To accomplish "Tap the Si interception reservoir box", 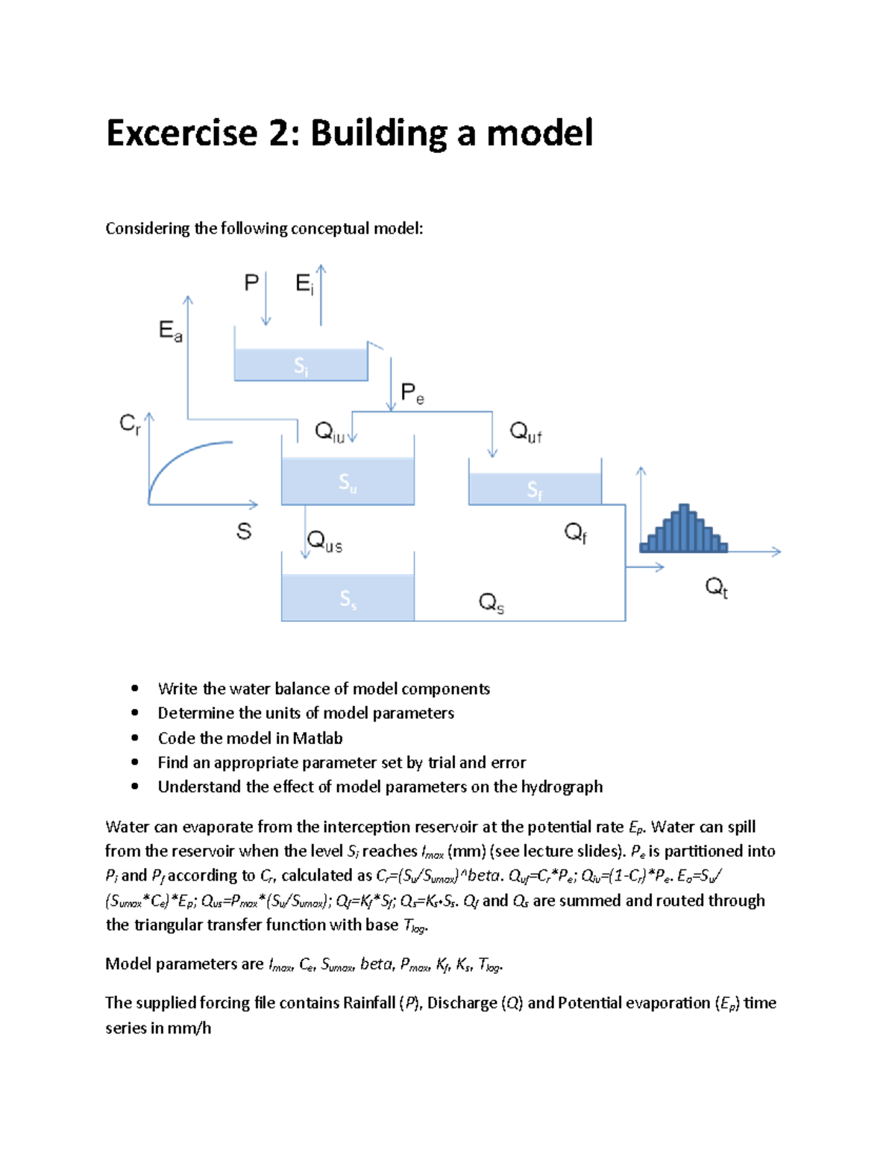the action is pos(301,365).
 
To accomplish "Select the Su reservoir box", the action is pos(348,481).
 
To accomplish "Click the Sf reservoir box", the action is pos(535,489).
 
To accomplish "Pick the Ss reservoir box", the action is pos(348,598).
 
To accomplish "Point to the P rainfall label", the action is pos(251,283).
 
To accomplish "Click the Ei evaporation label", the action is pos(304,284).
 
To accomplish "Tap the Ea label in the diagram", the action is pos(170,331).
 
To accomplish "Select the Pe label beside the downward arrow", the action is pos(412,393).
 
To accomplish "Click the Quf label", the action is pos(525,432).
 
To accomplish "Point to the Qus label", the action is pos(325,541).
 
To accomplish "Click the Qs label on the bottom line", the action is pos(491,602).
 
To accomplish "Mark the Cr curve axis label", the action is pos(130,425).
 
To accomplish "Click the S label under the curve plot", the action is pos(244,531).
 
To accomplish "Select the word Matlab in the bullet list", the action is pos(317,738).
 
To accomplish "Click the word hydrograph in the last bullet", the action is pos(562,787).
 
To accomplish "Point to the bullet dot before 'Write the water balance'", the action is pos(135,688).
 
